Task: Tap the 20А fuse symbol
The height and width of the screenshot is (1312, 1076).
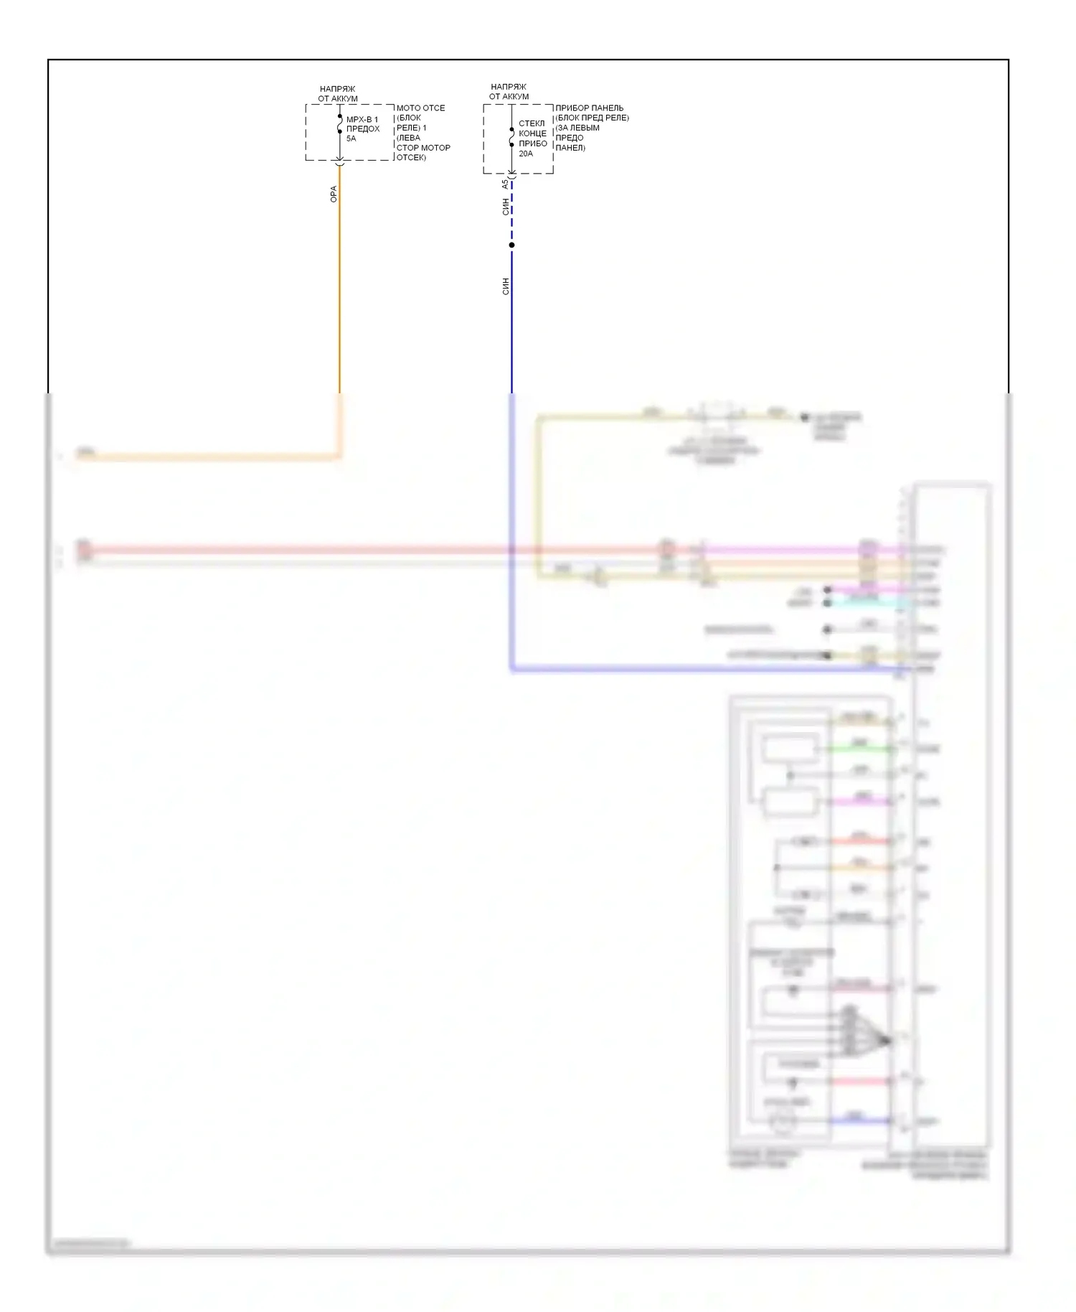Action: click(x=511, y=137)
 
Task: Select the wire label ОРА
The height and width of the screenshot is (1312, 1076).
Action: click(x=333, y=194)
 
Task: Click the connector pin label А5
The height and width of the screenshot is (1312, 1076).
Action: click(x=505, y=184)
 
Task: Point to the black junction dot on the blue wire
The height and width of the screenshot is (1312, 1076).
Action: click(x=511, y=245)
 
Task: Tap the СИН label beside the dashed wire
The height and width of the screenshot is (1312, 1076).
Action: click(x=505, y=207)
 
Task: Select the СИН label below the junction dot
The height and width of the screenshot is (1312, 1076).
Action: click(x=505, y=286)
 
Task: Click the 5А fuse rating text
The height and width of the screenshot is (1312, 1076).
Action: click(x=351, y=139)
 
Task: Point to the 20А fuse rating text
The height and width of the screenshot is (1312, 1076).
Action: click(x=526, y=154)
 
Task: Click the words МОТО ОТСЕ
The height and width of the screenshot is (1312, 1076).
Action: click(x=420, y=108)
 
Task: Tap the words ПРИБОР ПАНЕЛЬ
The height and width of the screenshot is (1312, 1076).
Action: click(x=589, y=108)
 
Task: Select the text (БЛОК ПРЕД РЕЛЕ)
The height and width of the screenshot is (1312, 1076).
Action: click(x=592, y=118)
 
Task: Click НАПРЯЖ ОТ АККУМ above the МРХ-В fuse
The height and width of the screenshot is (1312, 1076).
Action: click(x=337, y=93)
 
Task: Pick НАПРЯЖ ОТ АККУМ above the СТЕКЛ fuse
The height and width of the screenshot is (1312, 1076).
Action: click(x=509, y=91)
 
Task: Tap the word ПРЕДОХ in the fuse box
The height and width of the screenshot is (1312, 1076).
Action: click(x=363, y=129)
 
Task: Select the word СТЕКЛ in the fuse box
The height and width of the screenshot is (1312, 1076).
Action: click(x=532, y=123)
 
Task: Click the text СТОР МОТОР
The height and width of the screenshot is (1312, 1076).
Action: click(x=423, y=148)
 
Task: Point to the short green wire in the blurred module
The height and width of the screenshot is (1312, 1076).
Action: click(x=861, y=749)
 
